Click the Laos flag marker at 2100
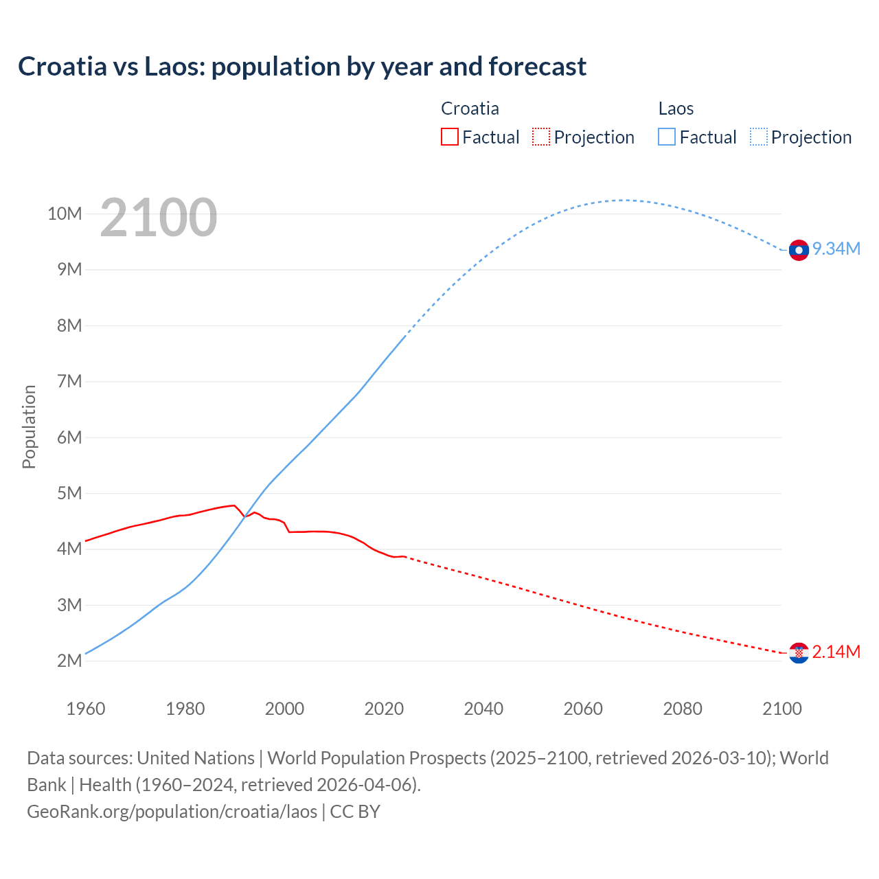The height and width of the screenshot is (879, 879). coord(799,251)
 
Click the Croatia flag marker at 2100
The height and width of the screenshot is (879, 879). coord(799,653)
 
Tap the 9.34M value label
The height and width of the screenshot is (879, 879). coord(836,249)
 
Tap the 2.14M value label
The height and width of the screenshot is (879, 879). coord(836,652)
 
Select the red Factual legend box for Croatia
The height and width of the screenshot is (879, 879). coord(449,137)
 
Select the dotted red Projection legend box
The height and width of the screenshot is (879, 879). coord(541,137)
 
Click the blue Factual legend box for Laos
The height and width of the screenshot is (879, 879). coord(667,137)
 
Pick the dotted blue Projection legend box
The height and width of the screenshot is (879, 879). coord(758,137)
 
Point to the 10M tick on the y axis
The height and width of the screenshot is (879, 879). coord(65,214)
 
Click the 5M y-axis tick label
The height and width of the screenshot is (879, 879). coord(69,493)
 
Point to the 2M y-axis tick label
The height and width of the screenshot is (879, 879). coord(69,661)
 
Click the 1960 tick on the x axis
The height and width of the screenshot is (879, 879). coord(86,708)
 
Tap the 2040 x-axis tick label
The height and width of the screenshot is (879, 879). coord(483,708)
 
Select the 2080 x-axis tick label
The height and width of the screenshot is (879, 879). coord(683,708)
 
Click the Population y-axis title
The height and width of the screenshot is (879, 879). coord(29,426)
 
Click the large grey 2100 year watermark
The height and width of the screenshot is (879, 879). coord(159,218)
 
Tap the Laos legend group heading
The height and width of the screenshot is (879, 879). coord(676,109)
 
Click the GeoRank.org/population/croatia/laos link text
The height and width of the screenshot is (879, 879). coord(172,811)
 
